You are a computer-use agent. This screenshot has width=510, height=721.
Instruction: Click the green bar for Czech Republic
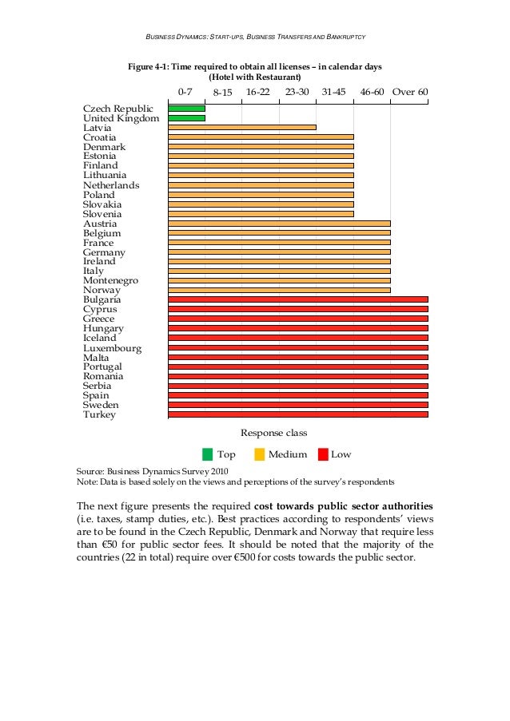pyautogui.click(x=186, y=108)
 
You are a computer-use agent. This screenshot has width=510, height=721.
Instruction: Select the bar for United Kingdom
pyautogui.click(x=186, y=117)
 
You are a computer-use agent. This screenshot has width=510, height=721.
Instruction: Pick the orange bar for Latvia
pyautogui.click(x=241, y=127)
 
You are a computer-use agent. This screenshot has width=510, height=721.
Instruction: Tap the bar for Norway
pyautogui.click(x=279, y=290)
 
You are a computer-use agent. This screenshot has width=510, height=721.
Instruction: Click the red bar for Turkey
pyautogui.click(x=297, y=414)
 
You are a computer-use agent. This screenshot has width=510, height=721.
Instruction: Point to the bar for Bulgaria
pyautogui.click(x=297, y=299)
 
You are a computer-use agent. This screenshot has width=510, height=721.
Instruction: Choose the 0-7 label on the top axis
pyautogui.click(x=185, y=92)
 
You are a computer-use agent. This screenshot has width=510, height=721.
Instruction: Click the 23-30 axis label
pyautogui.click(x=297, y=92)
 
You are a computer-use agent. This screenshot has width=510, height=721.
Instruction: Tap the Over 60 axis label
pyautogui.click(x=410, y=92)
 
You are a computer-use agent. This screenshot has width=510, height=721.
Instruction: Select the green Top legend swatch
pyautogui.click(x=207, y=454)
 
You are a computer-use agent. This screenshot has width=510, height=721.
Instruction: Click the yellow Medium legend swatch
pyautogui.click(x=259, y=454)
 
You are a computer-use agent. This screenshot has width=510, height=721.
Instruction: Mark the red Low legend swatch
pyautogui.click(x=322, y=454)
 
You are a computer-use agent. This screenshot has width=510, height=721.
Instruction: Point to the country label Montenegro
pyautogui.click(x=110, y=280)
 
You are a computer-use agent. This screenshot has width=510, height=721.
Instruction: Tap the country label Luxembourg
pyautogui.click(x=112, y=348)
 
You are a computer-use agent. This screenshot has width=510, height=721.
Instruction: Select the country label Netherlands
pyautogui.click(x=111, y=185)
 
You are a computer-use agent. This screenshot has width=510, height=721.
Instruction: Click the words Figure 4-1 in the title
pyautogui.click(x=149, y=67)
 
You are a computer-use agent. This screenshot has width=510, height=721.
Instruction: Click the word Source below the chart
pyautogui.click(x=90, y=472)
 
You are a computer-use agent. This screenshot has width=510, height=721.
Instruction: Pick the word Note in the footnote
pyautogui.click(x=86, y=482)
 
